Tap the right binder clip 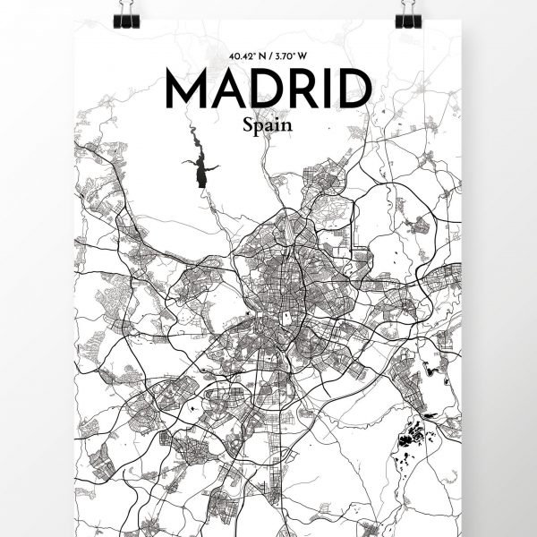tap(408, 12)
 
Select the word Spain tap(267, 127)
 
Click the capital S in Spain tap(247, 126)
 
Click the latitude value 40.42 tap(242, 56)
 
